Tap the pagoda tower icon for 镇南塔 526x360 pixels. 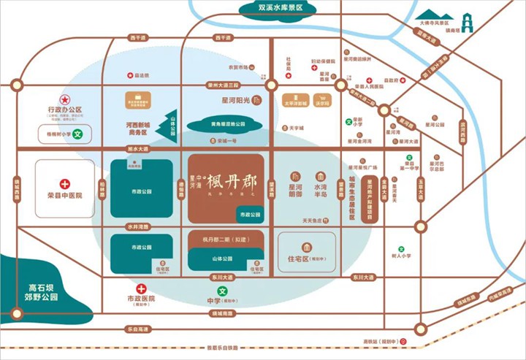(x=465, y=22)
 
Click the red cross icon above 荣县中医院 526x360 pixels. (x=64, y=184)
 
